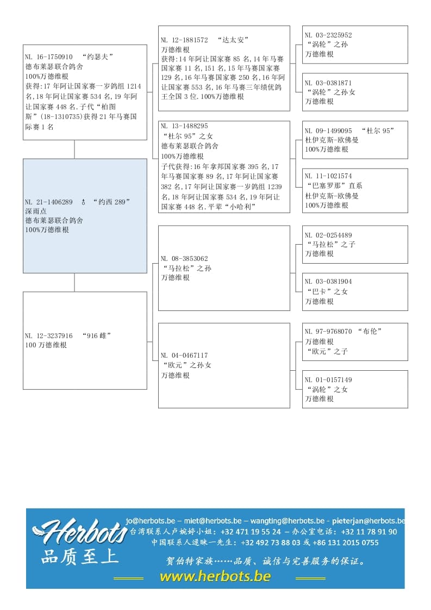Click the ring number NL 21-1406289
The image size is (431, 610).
[x=49, y=202]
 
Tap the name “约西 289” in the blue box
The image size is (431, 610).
[x=111, y=202]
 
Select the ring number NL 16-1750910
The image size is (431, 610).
[x=49, y=57]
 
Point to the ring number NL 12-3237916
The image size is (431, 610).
[x=49, y=335]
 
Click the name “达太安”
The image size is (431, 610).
[x=233, y=40]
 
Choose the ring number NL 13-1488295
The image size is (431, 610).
[x=184, y=126]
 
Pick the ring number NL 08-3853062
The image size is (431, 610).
[x=184, y=258]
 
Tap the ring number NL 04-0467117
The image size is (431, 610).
[x=184, y=356]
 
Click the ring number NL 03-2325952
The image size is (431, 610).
[x=328, y=35]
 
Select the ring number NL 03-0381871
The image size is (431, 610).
[x=328, y=83]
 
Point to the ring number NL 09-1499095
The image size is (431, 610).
[x=328, y=130]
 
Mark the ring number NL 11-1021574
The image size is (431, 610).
[x=328, y=176]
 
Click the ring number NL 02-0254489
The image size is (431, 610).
[x=328, y=235]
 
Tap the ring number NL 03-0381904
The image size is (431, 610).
[x=328, y=282]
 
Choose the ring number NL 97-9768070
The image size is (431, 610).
[x=328, y=331]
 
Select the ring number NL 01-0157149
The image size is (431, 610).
[x=328, y=379]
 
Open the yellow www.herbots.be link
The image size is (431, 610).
[x=215, y=576]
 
